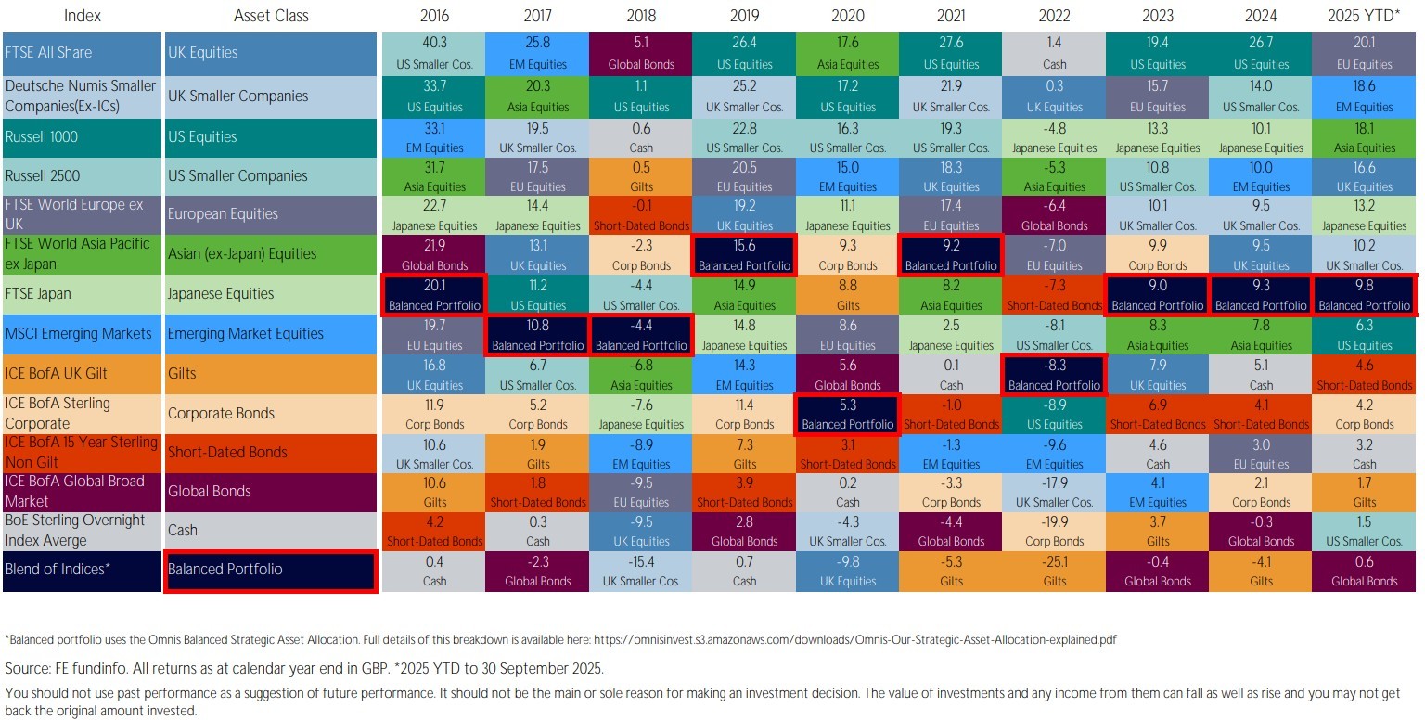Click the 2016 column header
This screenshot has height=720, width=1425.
(x=434, y=16)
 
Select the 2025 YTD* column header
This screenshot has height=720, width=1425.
(x=1364, y=16)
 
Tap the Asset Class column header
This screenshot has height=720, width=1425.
(x=271, y=16)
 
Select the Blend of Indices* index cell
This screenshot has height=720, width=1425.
(x=58, y=569)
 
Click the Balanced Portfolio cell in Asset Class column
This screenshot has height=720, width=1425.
(x=269, y=570)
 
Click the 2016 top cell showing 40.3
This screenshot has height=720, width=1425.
(x=434, y=53)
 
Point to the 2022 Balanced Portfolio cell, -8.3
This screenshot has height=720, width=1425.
(x=1055, y=374)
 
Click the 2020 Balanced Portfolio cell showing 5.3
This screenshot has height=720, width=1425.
(x=847, y=413)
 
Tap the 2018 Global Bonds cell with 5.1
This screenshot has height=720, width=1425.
(x=641, y=53)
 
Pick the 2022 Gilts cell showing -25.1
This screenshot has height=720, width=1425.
(x=1055, y=571)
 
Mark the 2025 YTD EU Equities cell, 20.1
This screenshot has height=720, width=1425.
(x=1364, y=53)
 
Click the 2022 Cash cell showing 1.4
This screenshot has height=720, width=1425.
(x=1055, y=53)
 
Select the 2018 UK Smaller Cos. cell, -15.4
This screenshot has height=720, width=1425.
(x=641, y=571)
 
